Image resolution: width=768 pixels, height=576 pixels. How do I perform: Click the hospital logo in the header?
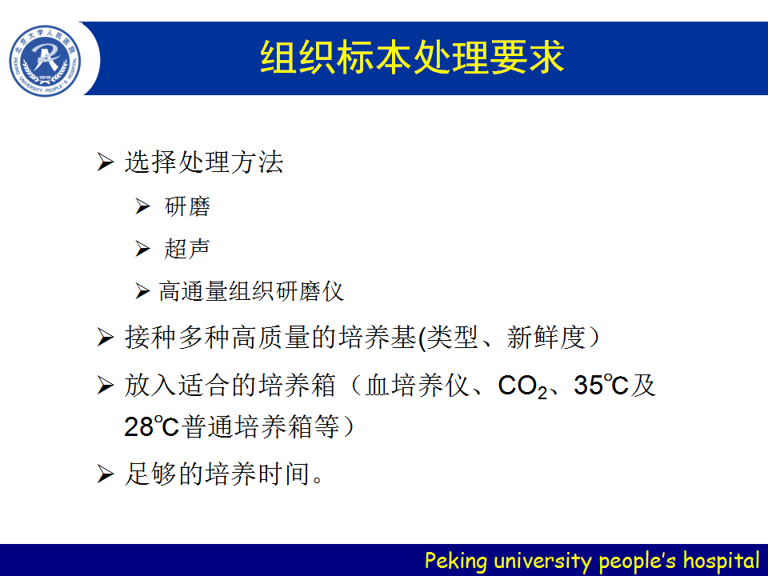click(x=45, y=61)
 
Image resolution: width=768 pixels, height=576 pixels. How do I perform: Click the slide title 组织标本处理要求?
click(x=413, y=58)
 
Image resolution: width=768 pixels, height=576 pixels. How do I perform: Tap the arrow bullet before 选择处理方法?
click(x=106, y=162)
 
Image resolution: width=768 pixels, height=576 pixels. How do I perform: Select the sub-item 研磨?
click(x=187, y=206)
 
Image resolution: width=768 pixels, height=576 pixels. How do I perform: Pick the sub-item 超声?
click(x=187, y=248)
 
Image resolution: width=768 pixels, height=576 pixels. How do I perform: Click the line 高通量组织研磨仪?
click(x=251, y=291)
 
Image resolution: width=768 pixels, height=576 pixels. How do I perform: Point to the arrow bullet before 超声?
click(x=142, y=249)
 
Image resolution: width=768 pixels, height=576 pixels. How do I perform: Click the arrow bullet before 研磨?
click(x=142, y=206)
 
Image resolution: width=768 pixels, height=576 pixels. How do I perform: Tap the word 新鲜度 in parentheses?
click(x=546, y=337)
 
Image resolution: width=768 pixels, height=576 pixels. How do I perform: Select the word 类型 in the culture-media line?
click(x=451, y=337)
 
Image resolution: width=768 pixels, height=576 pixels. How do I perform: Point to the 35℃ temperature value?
click(x=601, y=385)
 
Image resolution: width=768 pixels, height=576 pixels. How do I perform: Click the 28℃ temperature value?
click(x=151, y=426)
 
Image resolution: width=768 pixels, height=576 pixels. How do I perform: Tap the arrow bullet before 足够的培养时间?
click(x=106, y=474)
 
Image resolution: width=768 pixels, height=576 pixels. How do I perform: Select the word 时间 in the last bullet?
click(x=284, y=474)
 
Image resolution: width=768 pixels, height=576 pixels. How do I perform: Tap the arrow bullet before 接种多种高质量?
click(x=106, y=338)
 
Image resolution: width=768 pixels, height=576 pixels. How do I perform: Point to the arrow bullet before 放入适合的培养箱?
click(x=106, y=386)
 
